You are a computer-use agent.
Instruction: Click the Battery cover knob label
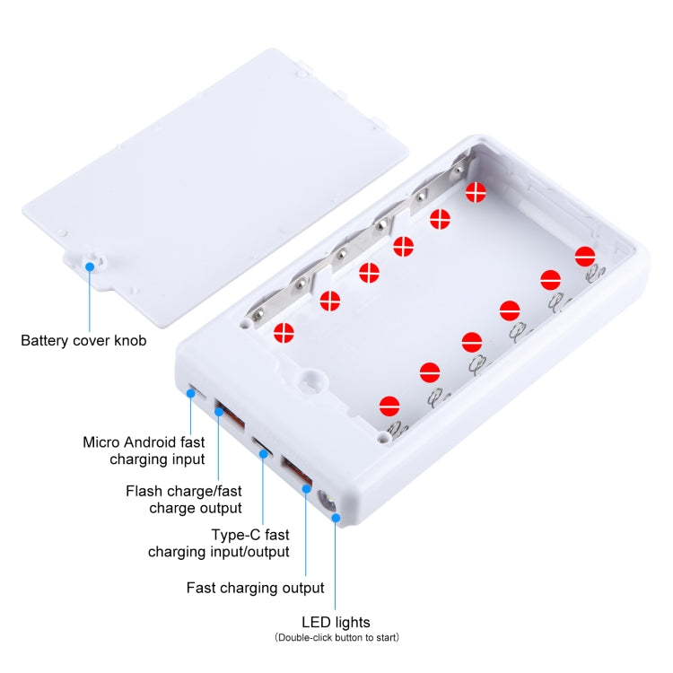[83, 341]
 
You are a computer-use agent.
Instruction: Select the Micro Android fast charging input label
[144, 450]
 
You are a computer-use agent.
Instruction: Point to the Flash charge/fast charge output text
[184, 499]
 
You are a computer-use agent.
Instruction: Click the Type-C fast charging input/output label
[218, 543]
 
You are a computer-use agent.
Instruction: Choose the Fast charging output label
[255, 589]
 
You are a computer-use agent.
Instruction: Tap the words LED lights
[336, 622]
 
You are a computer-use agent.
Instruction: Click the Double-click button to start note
[336, 638]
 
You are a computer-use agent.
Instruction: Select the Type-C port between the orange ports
[262, 446]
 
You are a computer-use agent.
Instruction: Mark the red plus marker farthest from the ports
[476, 191]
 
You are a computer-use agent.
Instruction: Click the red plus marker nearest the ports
[284, 332]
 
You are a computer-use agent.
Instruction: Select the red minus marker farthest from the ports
[585, 256]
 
